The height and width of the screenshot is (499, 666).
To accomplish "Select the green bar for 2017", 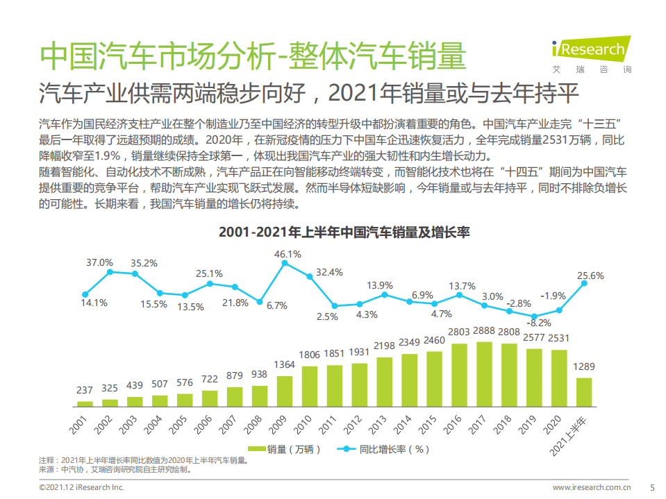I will (x=483, y=373).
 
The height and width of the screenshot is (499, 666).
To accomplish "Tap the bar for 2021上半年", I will (x=583, y=391).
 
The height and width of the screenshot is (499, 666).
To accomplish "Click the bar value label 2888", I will (x=484, y=332).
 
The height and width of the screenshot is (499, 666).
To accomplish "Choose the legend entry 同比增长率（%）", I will (x=385, y=449).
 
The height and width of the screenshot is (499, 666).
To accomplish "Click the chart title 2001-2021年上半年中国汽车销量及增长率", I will (x=333, y=232).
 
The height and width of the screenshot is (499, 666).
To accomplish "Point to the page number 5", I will (x=651, y=487).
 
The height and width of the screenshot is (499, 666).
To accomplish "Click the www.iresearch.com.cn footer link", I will (x=592, y=487).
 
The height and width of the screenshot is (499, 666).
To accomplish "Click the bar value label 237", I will (x=85, y=391).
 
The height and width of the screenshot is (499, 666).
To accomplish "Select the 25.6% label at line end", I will (x=590, y=276).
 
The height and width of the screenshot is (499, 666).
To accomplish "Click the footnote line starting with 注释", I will (x=142, y=460).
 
